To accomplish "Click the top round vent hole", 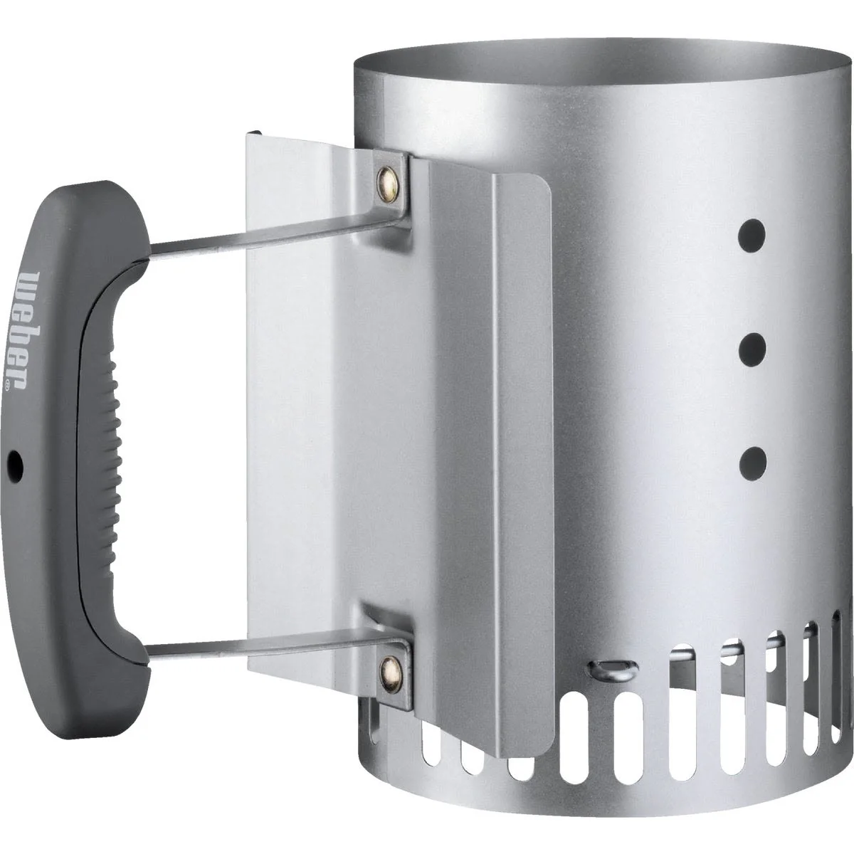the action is pyautogui.click(x=752, y=236).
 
